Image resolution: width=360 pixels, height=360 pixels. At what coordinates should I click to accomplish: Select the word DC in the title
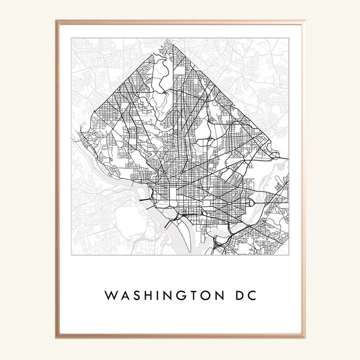pos(240,296)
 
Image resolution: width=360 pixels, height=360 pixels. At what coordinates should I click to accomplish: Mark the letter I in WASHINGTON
pos(156,296)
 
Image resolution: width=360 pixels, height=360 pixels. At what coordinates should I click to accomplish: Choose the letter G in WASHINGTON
pos(178,296)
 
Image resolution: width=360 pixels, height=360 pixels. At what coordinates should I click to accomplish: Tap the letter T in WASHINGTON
pos(190,296)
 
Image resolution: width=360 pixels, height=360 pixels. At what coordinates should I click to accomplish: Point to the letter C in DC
pos(249,296)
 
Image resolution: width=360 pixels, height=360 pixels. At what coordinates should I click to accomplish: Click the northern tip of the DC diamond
pos(167,40)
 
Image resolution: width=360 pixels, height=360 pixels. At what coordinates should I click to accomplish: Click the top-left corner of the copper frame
pos(57,21)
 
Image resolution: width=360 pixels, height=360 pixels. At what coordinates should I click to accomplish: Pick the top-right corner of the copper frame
pos(304,21)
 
